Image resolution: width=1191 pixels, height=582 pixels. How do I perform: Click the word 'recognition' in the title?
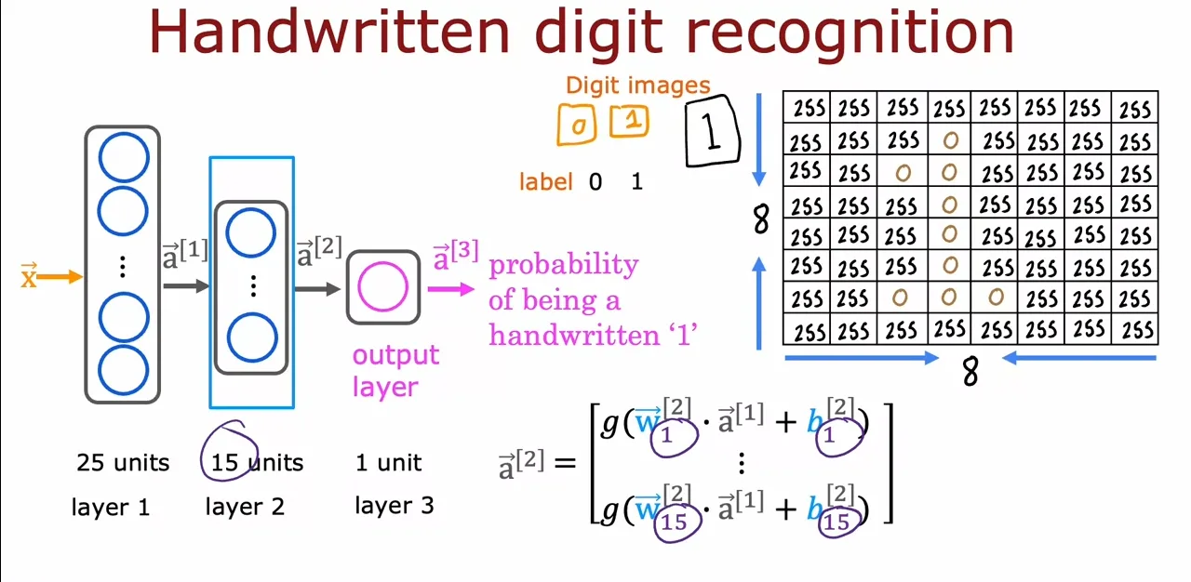(850, 33)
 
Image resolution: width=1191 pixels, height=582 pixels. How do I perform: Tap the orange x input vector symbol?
(29, 275)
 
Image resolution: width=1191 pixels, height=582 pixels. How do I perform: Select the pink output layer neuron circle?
(382, 286)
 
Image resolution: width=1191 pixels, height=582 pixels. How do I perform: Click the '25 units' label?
(123, 463)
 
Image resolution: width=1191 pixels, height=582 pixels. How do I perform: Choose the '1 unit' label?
(389, 463)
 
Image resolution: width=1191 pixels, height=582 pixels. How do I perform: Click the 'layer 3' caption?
(395, 506)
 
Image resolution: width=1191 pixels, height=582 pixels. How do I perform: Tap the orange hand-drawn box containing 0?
(577, 125)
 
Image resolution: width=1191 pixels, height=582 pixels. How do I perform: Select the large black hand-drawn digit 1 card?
(712, 131)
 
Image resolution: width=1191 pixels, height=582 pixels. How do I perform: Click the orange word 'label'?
(546, 182)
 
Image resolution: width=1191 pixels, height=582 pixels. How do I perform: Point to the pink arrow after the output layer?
(451, 289)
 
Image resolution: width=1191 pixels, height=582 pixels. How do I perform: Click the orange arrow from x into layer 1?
(60, 277)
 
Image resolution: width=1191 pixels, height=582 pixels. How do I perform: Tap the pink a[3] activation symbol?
(456, 256)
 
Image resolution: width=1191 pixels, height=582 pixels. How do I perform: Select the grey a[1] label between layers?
(184, 255)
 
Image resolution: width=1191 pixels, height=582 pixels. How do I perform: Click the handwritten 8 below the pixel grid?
(970, 371)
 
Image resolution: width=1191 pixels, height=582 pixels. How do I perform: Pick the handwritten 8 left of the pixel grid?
(761, 219)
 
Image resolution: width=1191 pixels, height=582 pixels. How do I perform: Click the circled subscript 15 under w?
(675, 522)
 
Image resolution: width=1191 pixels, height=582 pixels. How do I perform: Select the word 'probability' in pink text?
(564, 265)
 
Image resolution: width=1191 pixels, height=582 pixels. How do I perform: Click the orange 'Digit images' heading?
(638, 85)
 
